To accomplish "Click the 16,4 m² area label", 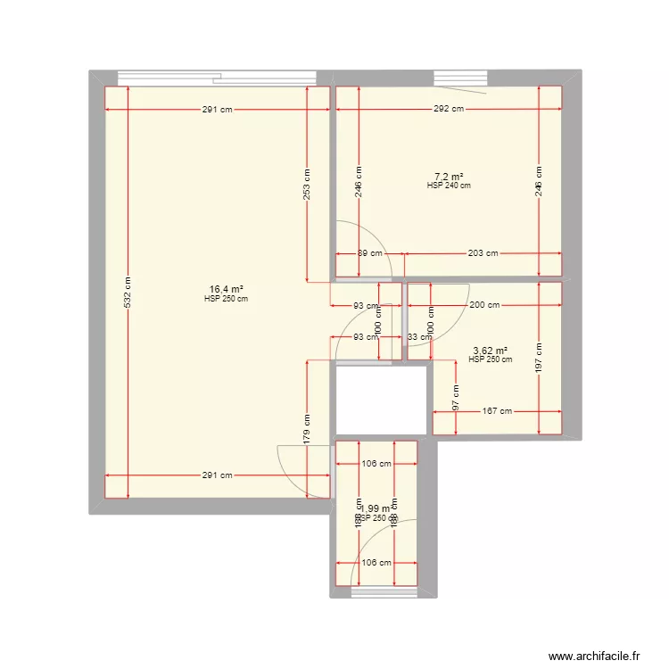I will [227, 289].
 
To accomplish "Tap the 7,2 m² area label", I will [449, 176].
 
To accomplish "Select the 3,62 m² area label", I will [490, 351].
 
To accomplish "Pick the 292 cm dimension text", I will [449, 110].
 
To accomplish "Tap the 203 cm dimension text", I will [483, 253].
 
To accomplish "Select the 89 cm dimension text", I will [369, 253].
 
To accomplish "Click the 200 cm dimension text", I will [483, 306].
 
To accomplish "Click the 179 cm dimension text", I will [306, 430].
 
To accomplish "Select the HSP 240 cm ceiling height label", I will [449, 186].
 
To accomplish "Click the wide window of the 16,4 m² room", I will [218, 78].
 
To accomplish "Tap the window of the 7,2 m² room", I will [458, 78].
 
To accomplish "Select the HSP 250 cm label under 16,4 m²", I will [226, 299].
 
